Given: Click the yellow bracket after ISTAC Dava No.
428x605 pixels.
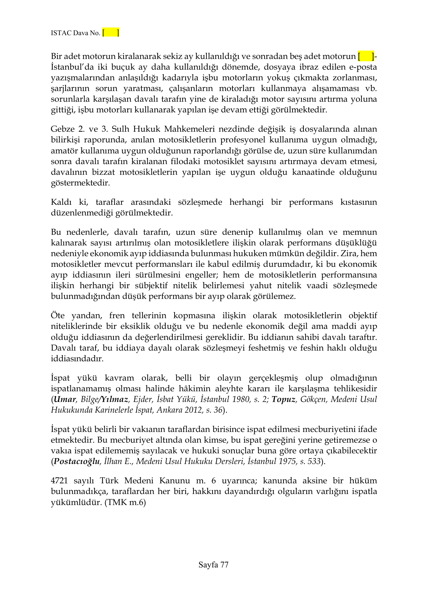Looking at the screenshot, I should [x=111, y=33].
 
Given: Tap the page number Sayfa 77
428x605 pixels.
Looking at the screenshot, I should [x=213, y=565].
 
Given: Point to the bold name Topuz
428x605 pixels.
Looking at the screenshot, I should [x=283, y=400].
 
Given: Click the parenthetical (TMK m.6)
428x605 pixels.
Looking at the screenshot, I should [x=125, y=503].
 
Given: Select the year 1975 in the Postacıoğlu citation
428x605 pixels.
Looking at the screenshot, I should [x=285, y=462].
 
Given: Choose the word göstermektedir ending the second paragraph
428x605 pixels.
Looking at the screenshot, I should [x=80, y=183].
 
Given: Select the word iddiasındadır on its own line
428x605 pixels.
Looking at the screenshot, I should [x=77, y=359].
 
